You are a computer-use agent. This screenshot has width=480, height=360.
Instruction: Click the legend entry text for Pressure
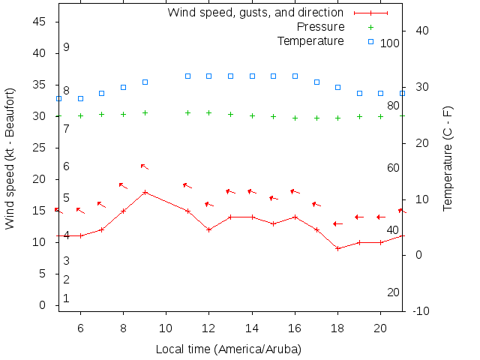[319, 27]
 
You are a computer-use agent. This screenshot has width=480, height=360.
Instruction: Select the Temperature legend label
[310, 40]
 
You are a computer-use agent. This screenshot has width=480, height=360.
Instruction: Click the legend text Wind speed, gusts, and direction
[255, 13]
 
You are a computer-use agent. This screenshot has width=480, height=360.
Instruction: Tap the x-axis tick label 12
[209, 328]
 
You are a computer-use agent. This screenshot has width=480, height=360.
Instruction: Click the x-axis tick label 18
[338, 328]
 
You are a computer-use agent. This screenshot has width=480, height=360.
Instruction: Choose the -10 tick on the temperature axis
[421, 310]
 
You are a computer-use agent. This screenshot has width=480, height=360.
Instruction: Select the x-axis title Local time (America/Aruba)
[228, 349]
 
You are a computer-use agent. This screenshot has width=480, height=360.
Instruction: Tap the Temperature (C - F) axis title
[448, 158]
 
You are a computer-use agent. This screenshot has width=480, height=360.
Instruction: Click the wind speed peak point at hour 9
[145, 192]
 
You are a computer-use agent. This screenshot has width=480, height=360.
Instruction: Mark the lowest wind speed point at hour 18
[338, 248]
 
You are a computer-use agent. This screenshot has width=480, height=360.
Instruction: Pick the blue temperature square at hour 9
[145, 82]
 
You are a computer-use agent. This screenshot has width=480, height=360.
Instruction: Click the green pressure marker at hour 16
[295, 118]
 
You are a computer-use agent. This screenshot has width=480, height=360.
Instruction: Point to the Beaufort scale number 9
[67, 47]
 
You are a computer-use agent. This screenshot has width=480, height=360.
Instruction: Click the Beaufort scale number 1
[67, 298]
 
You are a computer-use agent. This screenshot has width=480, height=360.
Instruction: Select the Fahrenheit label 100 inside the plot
[390, 43]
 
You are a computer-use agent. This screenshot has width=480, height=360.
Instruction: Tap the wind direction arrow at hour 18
[337, 223]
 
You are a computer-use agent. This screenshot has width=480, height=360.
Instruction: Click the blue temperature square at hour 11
[187, 76]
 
